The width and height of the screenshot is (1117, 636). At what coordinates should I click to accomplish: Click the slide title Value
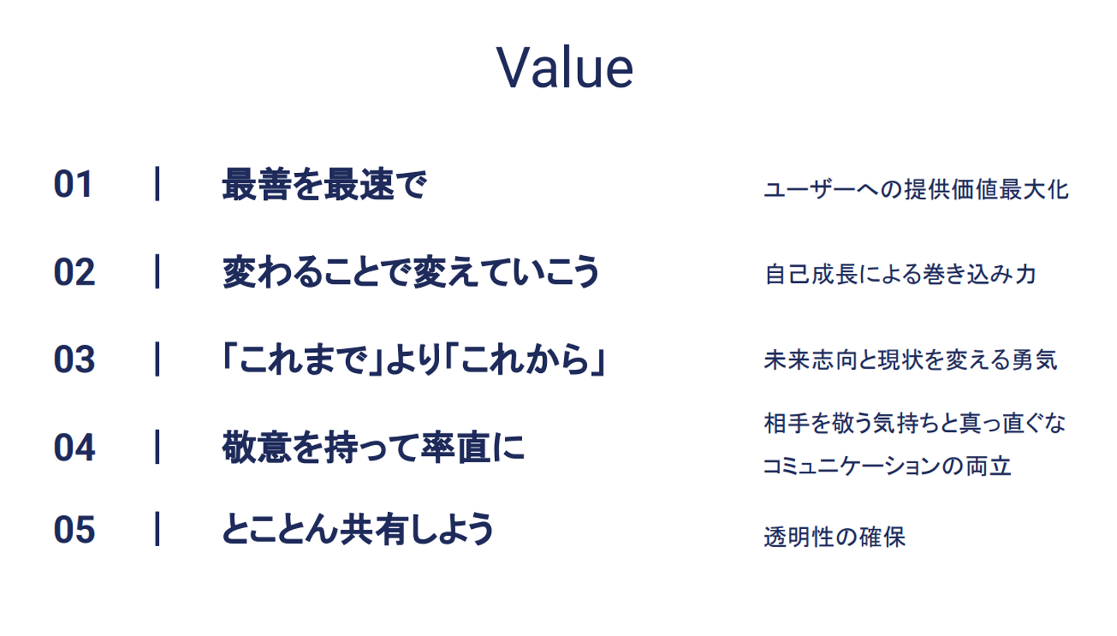click(x=565, y=67)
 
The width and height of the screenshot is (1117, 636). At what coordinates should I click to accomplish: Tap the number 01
click(x=73, y=185)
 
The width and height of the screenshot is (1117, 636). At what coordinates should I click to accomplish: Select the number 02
click(x=74, y=272)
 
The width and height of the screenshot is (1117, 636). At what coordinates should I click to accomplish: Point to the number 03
click(x=74, y=359)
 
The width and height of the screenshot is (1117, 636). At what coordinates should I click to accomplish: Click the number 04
click(x=74, y=447)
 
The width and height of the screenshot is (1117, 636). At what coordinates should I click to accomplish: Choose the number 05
click(x=74, y=529)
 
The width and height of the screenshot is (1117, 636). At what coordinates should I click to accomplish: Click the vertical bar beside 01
click(x=157, y=184)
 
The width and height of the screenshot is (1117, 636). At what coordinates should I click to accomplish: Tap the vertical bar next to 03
click(x=157, y=359)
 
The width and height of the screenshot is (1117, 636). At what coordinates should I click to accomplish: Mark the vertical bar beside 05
click(x=157, y=529)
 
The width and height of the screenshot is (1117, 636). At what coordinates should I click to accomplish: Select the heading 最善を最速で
click(x=324, y=185)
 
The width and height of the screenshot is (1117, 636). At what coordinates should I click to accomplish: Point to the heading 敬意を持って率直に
click(x=374, y=447)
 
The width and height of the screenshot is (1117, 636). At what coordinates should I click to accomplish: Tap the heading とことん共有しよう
click(x=358, y=529)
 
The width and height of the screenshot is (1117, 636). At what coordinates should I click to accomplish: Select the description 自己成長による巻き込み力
click(x=901, y=274)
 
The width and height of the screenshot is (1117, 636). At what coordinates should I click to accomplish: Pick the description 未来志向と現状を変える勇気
click(x=911, y=360)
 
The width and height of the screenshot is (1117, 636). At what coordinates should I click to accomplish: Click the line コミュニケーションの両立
click(x=887, y=466)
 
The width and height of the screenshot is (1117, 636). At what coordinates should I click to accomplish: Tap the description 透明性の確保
click(x=835, y=537)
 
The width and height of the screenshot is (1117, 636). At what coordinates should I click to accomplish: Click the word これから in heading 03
click(x=525, y=359)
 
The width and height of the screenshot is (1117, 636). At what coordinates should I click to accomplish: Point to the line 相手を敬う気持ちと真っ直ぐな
click(x=915, y=423)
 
